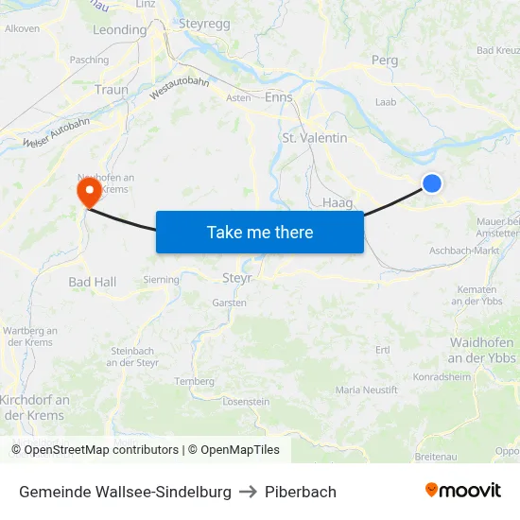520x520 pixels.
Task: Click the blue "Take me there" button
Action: [x=260, y=232]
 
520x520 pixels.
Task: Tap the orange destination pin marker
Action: [x=90, y=192]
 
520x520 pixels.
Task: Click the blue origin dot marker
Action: [x=431, y=183]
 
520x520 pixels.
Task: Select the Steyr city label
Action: [x=236, y=278]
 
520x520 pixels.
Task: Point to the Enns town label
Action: [x=279, y=97]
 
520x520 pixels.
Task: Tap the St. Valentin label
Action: [x=315, y=138]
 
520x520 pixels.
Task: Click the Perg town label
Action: [x=385, y=60]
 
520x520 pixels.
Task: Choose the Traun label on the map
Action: [x=112, y=90]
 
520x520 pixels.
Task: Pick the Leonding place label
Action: [x=120, y=30]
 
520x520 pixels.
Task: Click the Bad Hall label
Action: [x=93, y=282]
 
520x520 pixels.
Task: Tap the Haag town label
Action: [x=338, y=202]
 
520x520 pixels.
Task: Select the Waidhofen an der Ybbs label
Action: [x=481, y=350]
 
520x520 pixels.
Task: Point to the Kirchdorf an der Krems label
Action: [x=34, y=407]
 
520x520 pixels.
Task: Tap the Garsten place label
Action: [x=230, y=303]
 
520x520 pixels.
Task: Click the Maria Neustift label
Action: [x=367, y=390]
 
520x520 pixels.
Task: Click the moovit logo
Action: [x=462, y=490]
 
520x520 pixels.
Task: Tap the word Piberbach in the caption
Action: [x=301, y=492]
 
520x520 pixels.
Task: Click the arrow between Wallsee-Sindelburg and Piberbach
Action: [x=248, y=492]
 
